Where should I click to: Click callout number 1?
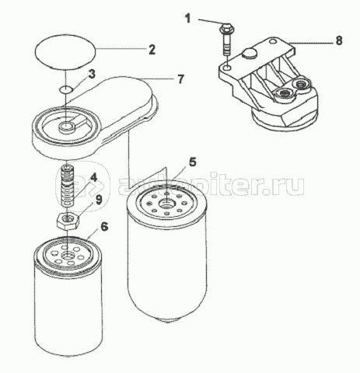click(187, 19)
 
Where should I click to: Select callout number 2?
click(152, 49)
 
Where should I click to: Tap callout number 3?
click(91, 74)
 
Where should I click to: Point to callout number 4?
click(93, 178)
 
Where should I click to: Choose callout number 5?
click(193, 162)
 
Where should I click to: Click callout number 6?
click(104, 227)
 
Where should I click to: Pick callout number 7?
click(180, 79)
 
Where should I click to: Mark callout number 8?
click(339, 40)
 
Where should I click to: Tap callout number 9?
click(99, 200)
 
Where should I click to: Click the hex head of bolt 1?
click(226, 28)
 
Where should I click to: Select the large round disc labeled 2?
click(65, 52)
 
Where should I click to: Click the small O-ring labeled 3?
click(66, 90)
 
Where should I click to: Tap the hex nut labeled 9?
click(68, 220)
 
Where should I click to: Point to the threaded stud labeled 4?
click(68, 186)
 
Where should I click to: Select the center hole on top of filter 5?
click(166, 203)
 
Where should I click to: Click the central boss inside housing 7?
click(67, 127)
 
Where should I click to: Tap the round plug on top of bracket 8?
click(250, 54)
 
